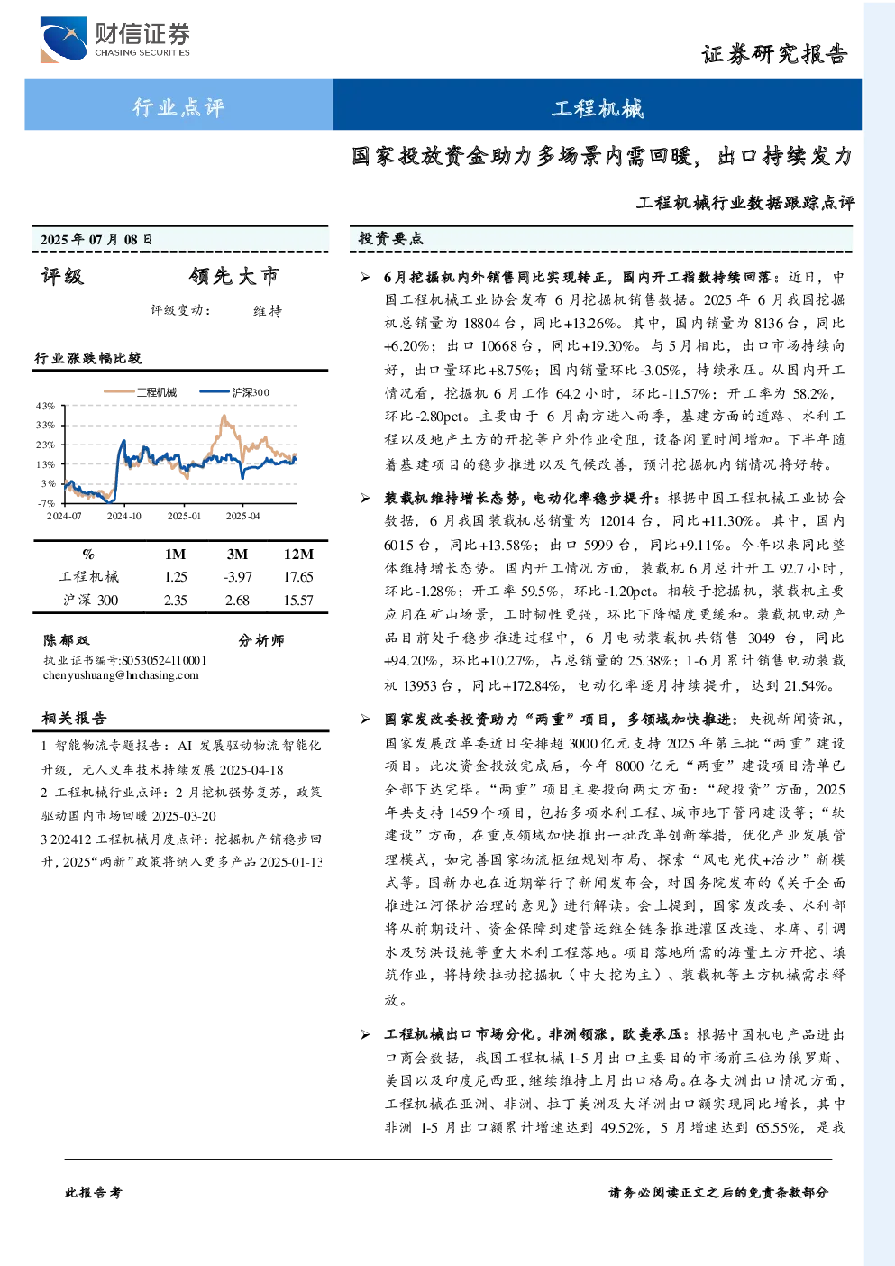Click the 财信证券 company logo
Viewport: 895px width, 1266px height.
click(x=115, y=39)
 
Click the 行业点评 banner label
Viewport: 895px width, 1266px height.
click(x=178, y=106)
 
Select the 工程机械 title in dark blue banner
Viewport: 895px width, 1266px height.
click(x=598, y=108)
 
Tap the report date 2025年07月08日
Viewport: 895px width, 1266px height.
click(x=96, y=239)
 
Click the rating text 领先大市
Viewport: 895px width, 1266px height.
click(x=234, y=276)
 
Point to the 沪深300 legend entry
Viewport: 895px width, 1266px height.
click(x=234, y=392)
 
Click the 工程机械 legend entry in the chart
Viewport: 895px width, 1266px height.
click(x=140, y=392)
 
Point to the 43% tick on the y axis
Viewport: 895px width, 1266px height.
click(x=45, y=406)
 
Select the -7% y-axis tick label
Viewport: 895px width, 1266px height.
click(x=46, y=503)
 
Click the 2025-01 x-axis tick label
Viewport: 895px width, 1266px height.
click(x=184, y=516)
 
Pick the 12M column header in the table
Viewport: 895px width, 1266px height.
click(x=298, y=554)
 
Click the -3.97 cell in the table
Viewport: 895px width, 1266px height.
click(x=237, y=577)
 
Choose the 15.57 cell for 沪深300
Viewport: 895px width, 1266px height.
click(x=298, y=601)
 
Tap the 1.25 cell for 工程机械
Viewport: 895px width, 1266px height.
click(x=175, y=577)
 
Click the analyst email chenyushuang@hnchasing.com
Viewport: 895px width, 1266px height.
click(x=121, y=675)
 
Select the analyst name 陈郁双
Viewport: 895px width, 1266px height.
click(x=66, y=640)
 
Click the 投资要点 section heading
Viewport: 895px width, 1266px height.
click(x=390, y=239)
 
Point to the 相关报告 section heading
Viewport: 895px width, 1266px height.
click(x=74, y=719)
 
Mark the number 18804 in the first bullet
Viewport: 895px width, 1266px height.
click(x=481, y=324)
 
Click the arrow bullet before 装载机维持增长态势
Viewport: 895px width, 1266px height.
click(x=366, y=498)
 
